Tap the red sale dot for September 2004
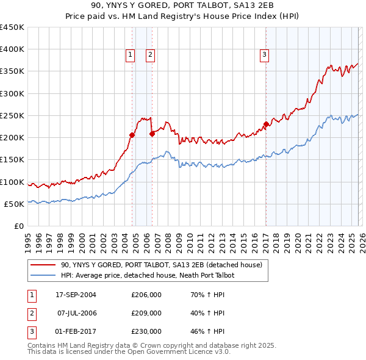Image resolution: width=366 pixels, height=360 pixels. (132, 134)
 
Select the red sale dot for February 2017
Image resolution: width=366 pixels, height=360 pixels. (266, 124)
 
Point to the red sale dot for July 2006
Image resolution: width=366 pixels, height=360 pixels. (151, 134)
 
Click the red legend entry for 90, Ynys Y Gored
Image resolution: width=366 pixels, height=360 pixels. (161, 265)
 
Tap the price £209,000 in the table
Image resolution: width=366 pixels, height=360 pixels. (146, 313)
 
